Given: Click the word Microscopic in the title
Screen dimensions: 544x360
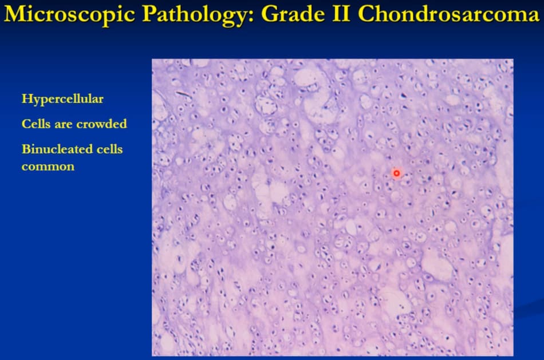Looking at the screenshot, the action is click(69, 14).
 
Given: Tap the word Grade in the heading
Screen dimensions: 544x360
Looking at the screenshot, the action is click(293, 14).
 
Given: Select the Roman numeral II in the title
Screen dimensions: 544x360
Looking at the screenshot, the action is click(341, 14).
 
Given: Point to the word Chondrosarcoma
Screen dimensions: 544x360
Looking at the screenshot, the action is click(448, 14).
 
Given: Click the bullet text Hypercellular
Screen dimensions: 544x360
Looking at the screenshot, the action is click(62, 99).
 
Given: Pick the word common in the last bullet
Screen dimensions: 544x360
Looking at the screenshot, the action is click(48, 167).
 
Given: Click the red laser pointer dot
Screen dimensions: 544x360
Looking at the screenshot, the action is click(396, 173).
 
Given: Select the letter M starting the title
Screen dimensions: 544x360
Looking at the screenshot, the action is click(14, 14).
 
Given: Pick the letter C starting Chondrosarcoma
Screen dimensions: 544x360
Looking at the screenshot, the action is click(366, 14).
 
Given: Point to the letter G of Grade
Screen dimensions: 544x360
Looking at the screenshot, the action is click(270, 14).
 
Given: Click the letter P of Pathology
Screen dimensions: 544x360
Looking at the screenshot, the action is click(149, 14).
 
